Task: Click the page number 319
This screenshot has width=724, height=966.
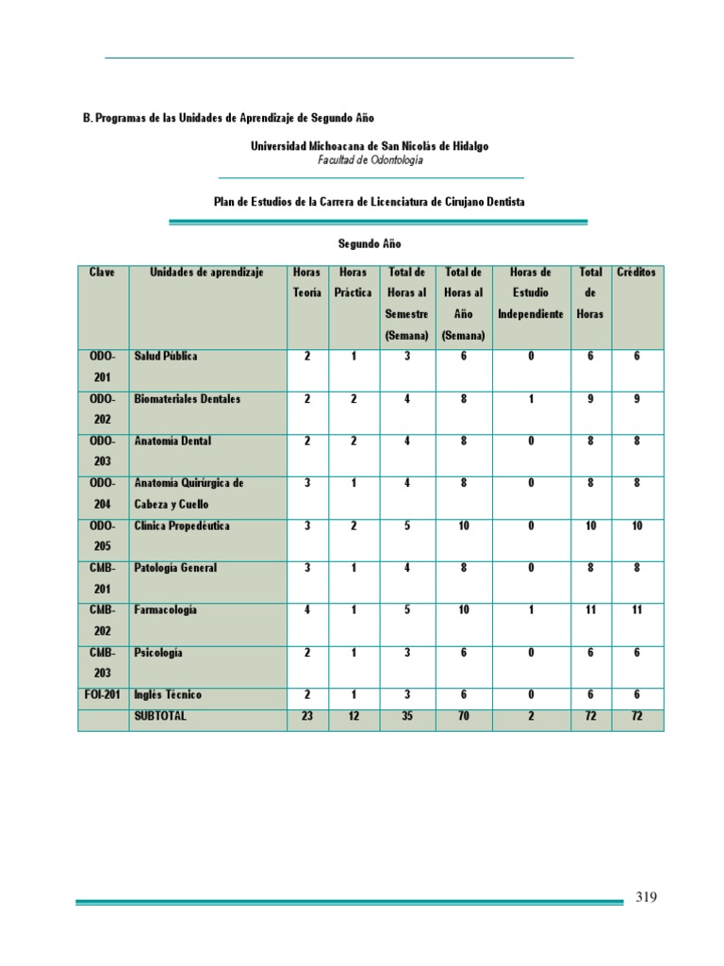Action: (645, 897)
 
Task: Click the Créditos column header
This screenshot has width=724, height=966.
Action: (638, 273)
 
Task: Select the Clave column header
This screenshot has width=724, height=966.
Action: (103, 273)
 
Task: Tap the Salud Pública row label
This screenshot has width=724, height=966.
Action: (166, 357)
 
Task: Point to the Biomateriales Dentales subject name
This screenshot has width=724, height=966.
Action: (188, 399)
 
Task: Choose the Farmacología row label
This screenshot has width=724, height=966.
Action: (166, 610)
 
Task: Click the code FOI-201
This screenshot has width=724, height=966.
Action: (103, 695)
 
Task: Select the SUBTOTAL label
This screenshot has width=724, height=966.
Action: (161, 716)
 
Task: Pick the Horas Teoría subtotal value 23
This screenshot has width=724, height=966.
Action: (307, 716)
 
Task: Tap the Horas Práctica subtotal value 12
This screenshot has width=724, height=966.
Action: (354, 716)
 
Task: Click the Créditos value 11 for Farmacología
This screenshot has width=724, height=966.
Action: (638, 610)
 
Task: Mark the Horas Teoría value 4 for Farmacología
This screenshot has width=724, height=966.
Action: (307, 610)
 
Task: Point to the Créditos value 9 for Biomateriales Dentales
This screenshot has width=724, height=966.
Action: (638, 399)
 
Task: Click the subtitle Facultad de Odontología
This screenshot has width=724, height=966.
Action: (370, 160)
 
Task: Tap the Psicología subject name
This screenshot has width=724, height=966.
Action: (158, 653)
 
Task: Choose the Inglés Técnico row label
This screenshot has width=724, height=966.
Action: (168, 695)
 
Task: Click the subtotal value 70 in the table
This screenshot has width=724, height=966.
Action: (464, 716)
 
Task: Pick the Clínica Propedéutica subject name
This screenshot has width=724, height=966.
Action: (181, 525)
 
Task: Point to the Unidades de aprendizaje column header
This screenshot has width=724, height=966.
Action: (206, 273)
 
